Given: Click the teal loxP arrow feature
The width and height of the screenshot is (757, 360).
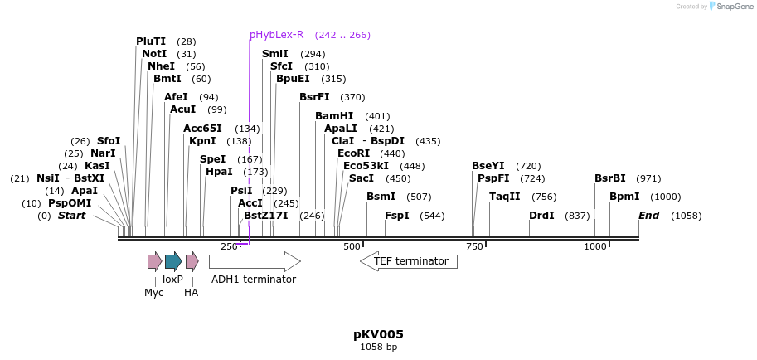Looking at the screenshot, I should (172, 262).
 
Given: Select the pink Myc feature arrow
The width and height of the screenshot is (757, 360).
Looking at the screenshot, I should (154, 262).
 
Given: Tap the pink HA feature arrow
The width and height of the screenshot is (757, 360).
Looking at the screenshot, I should (192, 262).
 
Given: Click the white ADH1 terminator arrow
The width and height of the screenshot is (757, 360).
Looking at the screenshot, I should (255, 262).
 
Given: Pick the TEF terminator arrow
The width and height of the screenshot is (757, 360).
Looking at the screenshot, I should (409, 261).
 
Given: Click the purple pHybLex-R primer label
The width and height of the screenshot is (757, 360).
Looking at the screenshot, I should (276, 35).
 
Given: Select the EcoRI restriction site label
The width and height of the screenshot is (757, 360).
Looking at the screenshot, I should (353, 153).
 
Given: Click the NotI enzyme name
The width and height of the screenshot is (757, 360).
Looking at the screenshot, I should (154, 54).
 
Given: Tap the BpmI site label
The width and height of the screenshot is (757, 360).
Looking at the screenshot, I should (624, 197).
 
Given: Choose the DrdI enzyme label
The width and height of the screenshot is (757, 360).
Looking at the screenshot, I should (541, 216).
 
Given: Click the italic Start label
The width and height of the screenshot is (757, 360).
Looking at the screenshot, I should (71, 216).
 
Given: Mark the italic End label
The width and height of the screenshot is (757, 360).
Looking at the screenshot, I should (649, 216).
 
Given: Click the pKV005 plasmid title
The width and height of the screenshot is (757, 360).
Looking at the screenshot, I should (378, 334).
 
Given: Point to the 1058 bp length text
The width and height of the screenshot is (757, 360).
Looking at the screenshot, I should (378, 347).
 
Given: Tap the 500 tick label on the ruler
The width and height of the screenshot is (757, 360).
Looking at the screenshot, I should (352, 246).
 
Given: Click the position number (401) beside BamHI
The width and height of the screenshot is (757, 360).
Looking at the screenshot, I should (377, 116).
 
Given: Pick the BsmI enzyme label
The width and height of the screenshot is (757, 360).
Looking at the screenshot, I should (381, 197).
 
